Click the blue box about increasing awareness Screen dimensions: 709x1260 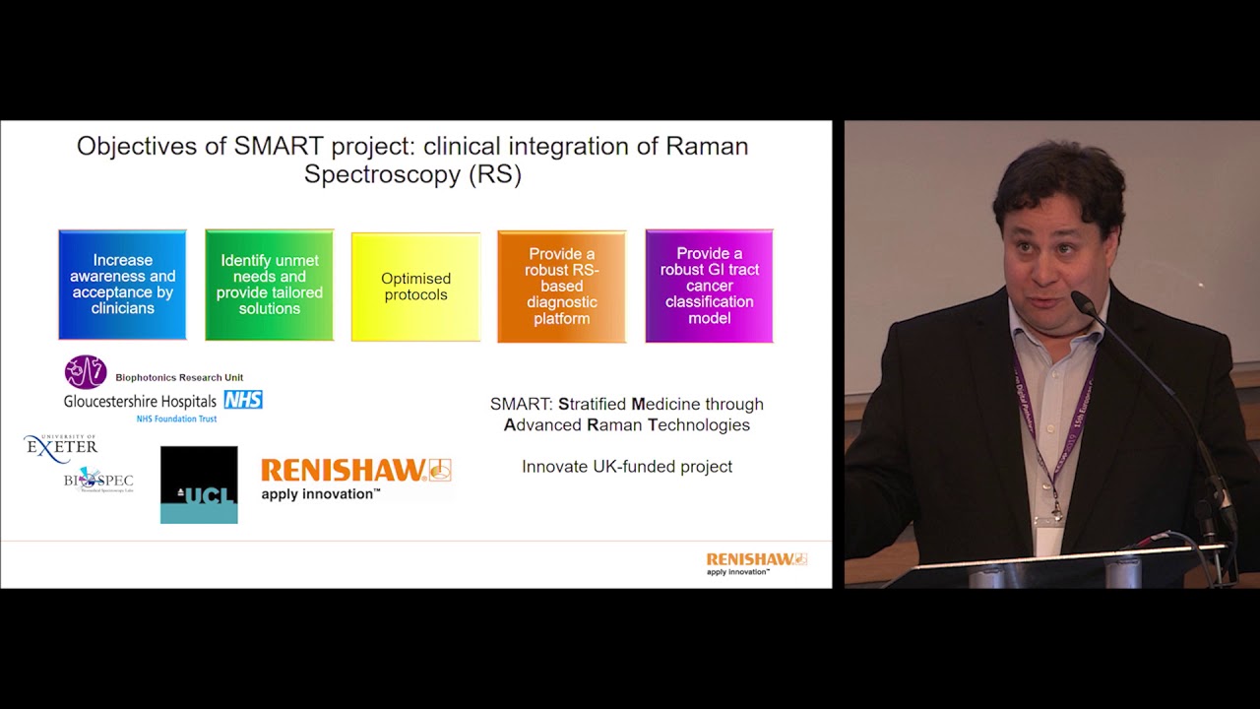pyautogui.click(x=122, y=285)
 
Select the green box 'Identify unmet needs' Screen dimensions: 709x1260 pyautogui.click(x=269, y=285)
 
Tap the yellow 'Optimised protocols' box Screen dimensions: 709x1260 pyautogui.click(x=415, y=287)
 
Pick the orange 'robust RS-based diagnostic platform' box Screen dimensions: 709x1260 pyautogui.click(x=561, y=287)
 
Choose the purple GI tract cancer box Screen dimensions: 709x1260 pyautogui.click(x=709, y=286)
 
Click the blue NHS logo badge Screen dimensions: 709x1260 pyautogui.click(x=242, y=400)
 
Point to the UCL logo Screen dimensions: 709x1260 pyautogui.click(x=199, y=484)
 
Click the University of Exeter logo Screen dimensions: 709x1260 pyautogui.click(x=61, y=448)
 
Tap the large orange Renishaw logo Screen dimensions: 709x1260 pyautogui.click(x=355, y=478)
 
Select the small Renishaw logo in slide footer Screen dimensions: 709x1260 pyautogui.click(x=756, y=562)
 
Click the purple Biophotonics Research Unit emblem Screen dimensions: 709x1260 pyautogui.click(x=86, y=372)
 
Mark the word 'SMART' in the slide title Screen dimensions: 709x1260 pyautogui.click(x=279, y=147)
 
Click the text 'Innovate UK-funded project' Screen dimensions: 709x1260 pyautogui.click(x=627, y=467)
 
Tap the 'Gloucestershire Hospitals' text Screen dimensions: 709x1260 pyautogui.click(x=141, y=402)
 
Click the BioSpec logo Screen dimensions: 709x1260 pyautogui.click(x=97, y=480)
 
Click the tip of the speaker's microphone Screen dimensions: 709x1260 pyautogui.click(x=1078, y=298)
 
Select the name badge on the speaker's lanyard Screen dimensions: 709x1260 pyautogui.click(x=1049, y=537)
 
